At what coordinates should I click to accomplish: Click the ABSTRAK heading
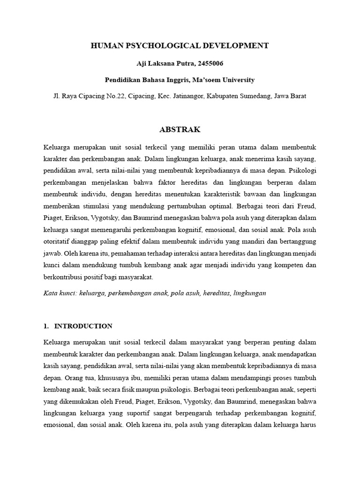180,129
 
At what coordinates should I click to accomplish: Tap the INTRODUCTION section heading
83,326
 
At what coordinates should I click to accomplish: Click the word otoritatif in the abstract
57,241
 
